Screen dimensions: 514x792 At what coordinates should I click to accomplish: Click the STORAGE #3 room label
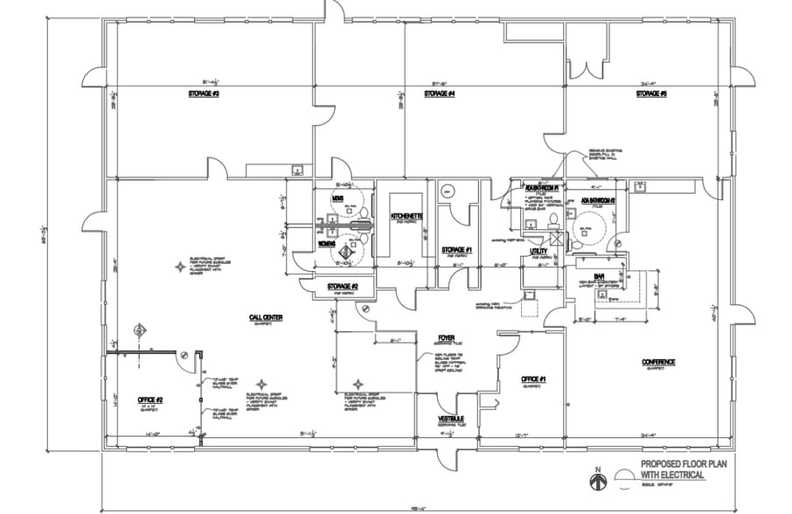(x=204, y=93)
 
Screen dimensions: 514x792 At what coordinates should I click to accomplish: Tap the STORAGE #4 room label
(x=440, y=93)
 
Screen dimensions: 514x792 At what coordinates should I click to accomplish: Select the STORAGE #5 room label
(x=651, y=93)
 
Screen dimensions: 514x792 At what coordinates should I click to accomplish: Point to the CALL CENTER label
(x=265, y=317)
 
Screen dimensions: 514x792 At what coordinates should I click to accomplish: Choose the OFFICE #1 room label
(x=533, y=379)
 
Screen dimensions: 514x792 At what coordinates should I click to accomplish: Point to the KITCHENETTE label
(x=407, y=216)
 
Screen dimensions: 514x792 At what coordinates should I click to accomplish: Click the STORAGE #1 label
(x=456, y=250)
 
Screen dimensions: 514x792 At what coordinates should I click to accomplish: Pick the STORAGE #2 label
(x=342, y=286)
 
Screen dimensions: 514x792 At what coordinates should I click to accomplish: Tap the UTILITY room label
(x=538, y=251)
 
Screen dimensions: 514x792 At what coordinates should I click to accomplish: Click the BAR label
(x=600, y=276)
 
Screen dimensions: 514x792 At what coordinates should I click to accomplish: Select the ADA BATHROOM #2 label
(x=599, y=201)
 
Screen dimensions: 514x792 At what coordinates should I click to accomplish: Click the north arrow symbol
(x=598, y=480)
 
